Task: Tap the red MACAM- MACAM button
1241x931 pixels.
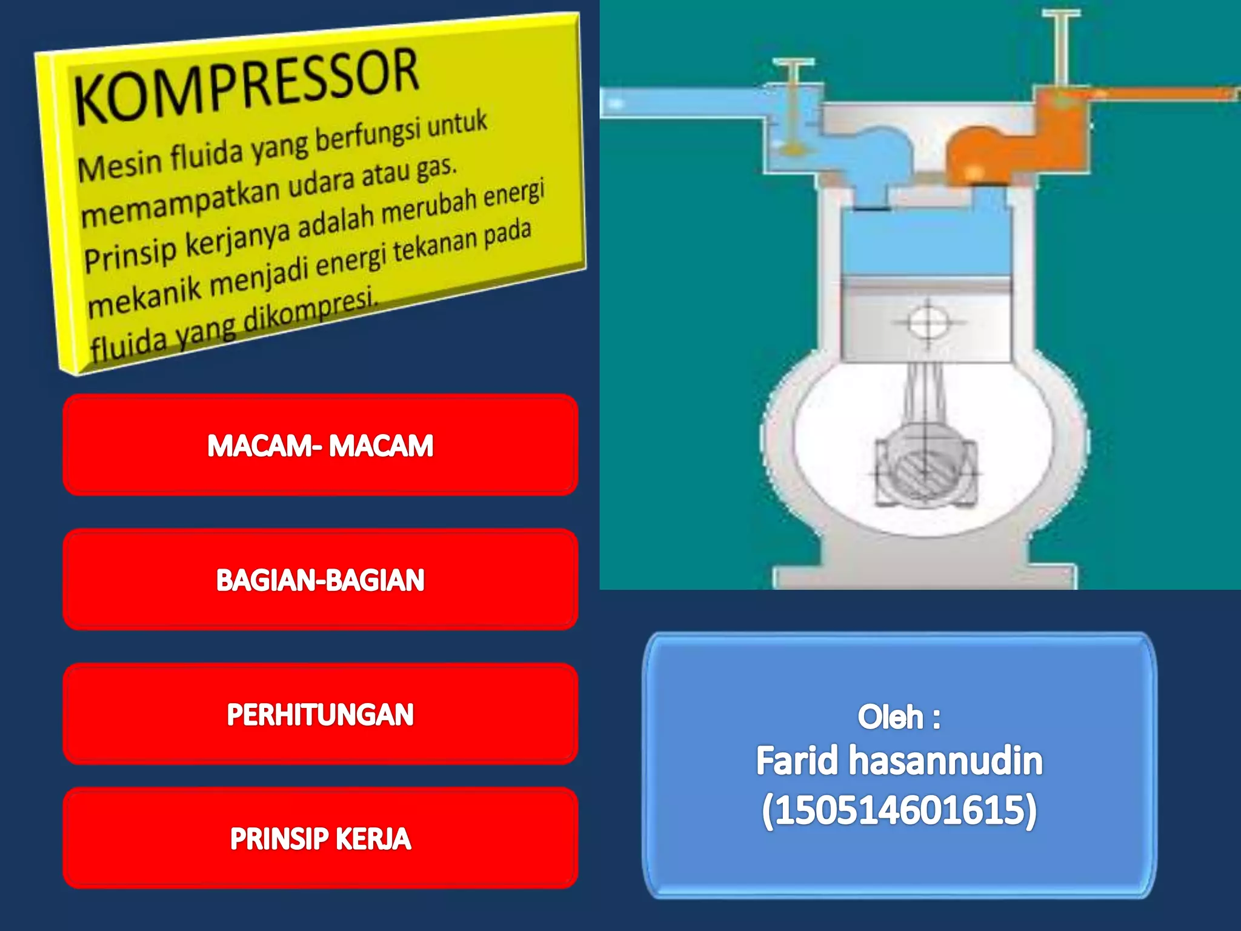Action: (x=320, y=445)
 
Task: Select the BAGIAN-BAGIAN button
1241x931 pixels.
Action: (x=320, y=580)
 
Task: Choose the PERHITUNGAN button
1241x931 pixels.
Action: (x=320, y=714)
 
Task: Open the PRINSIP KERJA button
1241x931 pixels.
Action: (x=320, y=839)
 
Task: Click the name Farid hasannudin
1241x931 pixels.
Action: (x=899, y=761)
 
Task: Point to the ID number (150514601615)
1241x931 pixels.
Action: (x=899, y=810)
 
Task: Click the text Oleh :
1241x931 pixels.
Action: (x=899, y=717)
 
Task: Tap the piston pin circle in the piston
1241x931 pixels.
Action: (x=927, y=321)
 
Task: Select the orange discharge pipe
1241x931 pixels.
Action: (x=1163, y=95)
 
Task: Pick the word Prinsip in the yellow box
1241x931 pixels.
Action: (x=130, y=253)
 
